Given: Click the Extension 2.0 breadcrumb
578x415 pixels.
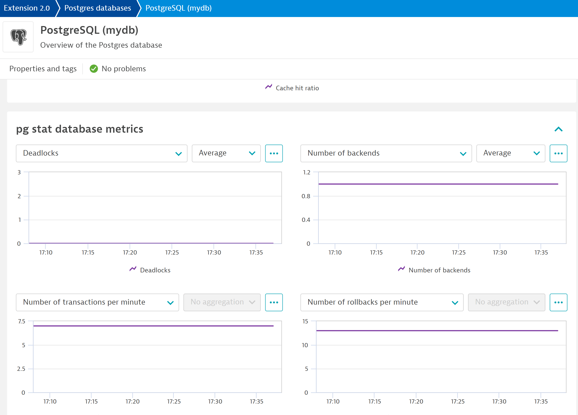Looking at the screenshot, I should click(27, 8).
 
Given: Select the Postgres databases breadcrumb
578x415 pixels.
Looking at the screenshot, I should click(98, 8).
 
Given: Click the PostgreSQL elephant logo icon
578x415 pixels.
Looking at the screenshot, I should click(18, 37).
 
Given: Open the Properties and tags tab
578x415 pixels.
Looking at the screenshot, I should click(43, 69).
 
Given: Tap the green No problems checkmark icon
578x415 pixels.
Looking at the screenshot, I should click(94, 69).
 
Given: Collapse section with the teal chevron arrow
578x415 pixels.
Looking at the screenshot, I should click(558, 129).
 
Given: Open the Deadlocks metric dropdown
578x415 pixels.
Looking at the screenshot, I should click(101, 153).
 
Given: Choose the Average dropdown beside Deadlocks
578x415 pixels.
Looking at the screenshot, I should click(226, 153).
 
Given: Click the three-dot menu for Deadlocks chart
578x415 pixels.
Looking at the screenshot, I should click(274, 153).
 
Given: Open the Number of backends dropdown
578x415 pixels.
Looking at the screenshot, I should click(386, 153).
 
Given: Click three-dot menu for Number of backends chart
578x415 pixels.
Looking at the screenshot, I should click(558, 153).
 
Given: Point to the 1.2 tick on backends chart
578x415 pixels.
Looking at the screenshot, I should click(307, 172).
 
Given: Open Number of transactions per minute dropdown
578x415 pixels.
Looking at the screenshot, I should click(97, 302).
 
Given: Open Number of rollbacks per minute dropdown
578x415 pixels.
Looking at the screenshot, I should click(382, 302).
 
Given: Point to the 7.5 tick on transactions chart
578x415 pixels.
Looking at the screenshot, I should click(22, 321).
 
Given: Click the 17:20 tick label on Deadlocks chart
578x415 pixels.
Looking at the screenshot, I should click(130, 253).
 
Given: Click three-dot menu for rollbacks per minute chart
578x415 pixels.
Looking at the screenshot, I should click(558, 302).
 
